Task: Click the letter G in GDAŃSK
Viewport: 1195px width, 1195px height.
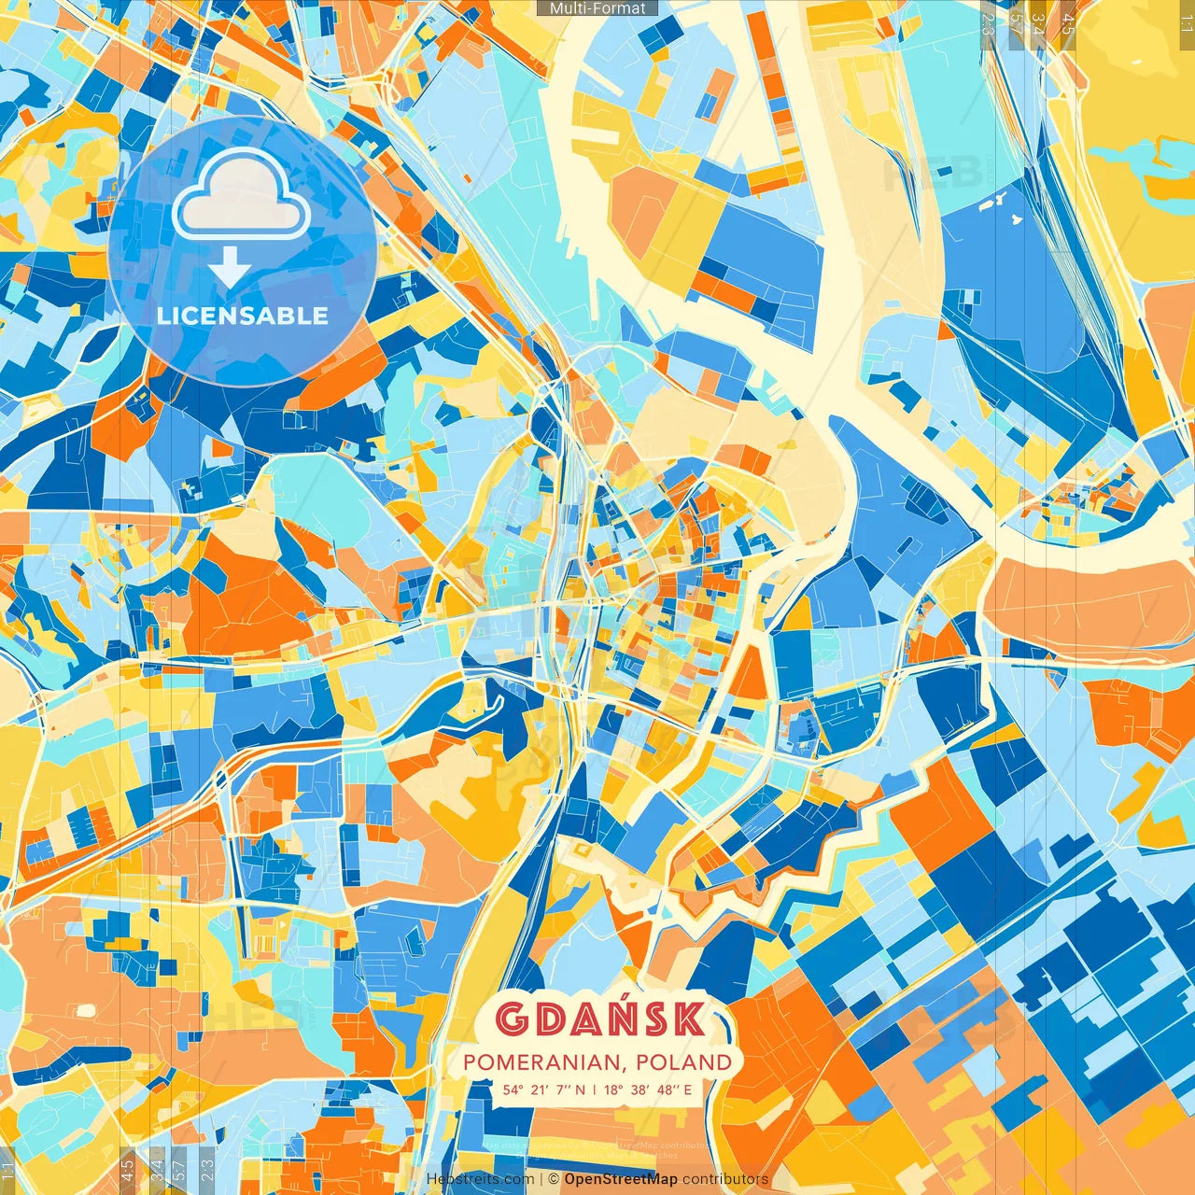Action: [x=511, y=1019]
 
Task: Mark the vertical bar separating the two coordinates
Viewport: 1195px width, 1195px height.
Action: [x=595, y=1090]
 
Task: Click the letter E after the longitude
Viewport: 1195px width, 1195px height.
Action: [x=687, y=1090]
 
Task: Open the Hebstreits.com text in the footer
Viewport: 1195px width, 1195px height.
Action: [x=481, y=1179]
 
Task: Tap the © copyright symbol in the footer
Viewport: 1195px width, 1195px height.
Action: [x=554, y=1179]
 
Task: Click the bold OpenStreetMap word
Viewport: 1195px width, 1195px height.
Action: [x=621, y=1179]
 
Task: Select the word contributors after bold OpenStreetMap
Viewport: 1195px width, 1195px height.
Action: [x=725, y=1179]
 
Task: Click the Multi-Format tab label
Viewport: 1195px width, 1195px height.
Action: [x=597, y=8]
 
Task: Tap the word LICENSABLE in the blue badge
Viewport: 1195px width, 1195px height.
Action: [x=243, y=316]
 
